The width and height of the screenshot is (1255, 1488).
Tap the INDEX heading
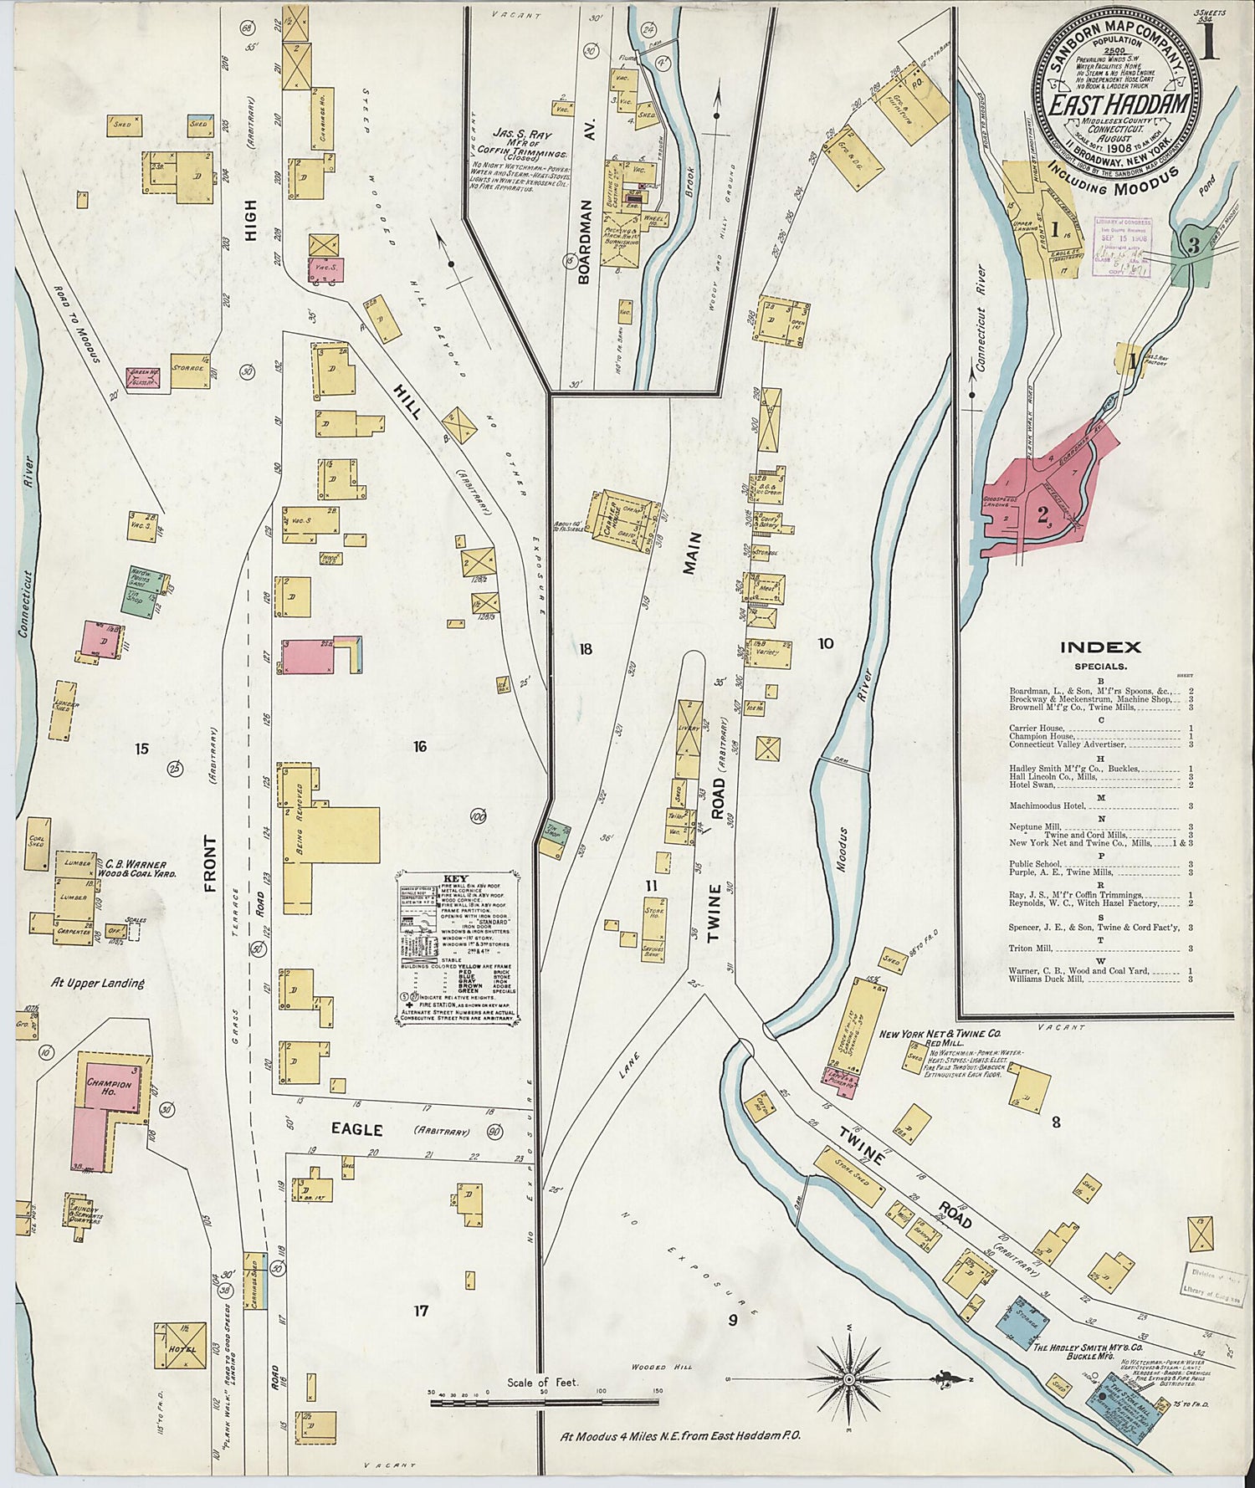1100,647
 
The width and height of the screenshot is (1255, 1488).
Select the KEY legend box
458,949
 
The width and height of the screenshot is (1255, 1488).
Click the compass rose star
849,1378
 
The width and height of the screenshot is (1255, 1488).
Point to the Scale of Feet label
542,1383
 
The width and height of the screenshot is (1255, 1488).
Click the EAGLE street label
357,1130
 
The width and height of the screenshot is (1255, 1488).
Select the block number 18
586,648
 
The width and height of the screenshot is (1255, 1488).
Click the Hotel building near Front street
180,1345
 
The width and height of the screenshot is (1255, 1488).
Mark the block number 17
421,1311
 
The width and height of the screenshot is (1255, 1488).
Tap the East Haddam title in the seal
1119,105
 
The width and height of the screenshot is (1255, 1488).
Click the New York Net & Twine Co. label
939,1034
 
